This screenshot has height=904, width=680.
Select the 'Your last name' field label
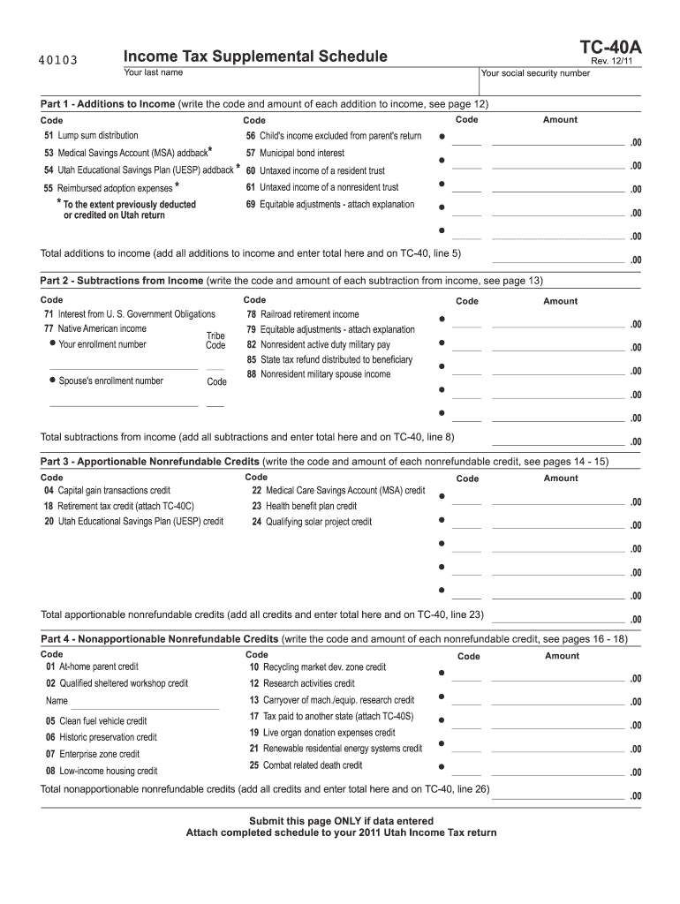[x=154, y=72]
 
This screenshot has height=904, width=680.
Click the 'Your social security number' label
[x=536, y=73]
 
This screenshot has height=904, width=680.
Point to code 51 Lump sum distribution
[x=91, y=136]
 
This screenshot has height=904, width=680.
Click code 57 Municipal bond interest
[x=295, y=153]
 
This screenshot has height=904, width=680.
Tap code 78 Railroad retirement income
[x=302, y=314]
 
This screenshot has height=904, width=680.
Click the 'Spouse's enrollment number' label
[x=110, y=381]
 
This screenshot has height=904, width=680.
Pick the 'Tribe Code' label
[x=215, y=340]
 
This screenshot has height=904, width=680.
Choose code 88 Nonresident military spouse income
[x=318, y=374]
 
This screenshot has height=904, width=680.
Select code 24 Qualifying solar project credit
[x=312, y=522]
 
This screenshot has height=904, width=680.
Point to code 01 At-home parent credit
[x=92, y=667]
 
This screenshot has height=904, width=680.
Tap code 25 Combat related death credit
[x=306, y=765]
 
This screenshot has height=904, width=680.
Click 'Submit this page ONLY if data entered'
[x=341, y=821]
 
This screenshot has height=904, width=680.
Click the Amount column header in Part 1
[x=560, y=119]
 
